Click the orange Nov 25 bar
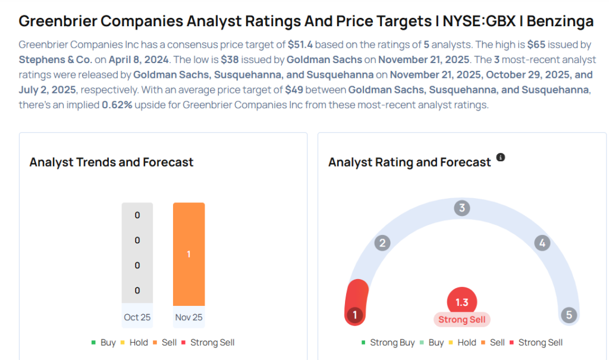coord(189,254)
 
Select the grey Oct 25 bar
coord(137,253)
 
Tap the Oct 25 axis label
coord(137,317)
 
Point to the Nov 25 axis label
coord(189,317)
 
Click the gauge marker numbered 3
coord(462,208)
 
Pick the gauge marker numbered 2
coord(382,243)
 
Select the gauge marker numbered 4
coord(541,243)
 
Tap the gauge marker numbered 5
coord(569,315)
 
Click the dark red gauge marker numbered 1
coord(354,315)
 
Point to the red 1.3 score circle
coord(462,302)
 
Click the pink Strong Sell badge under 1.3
coord(462,320)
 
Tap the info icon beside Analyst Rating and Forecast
coord(501,158)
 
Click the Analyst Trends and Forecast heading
coord(111,162)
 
